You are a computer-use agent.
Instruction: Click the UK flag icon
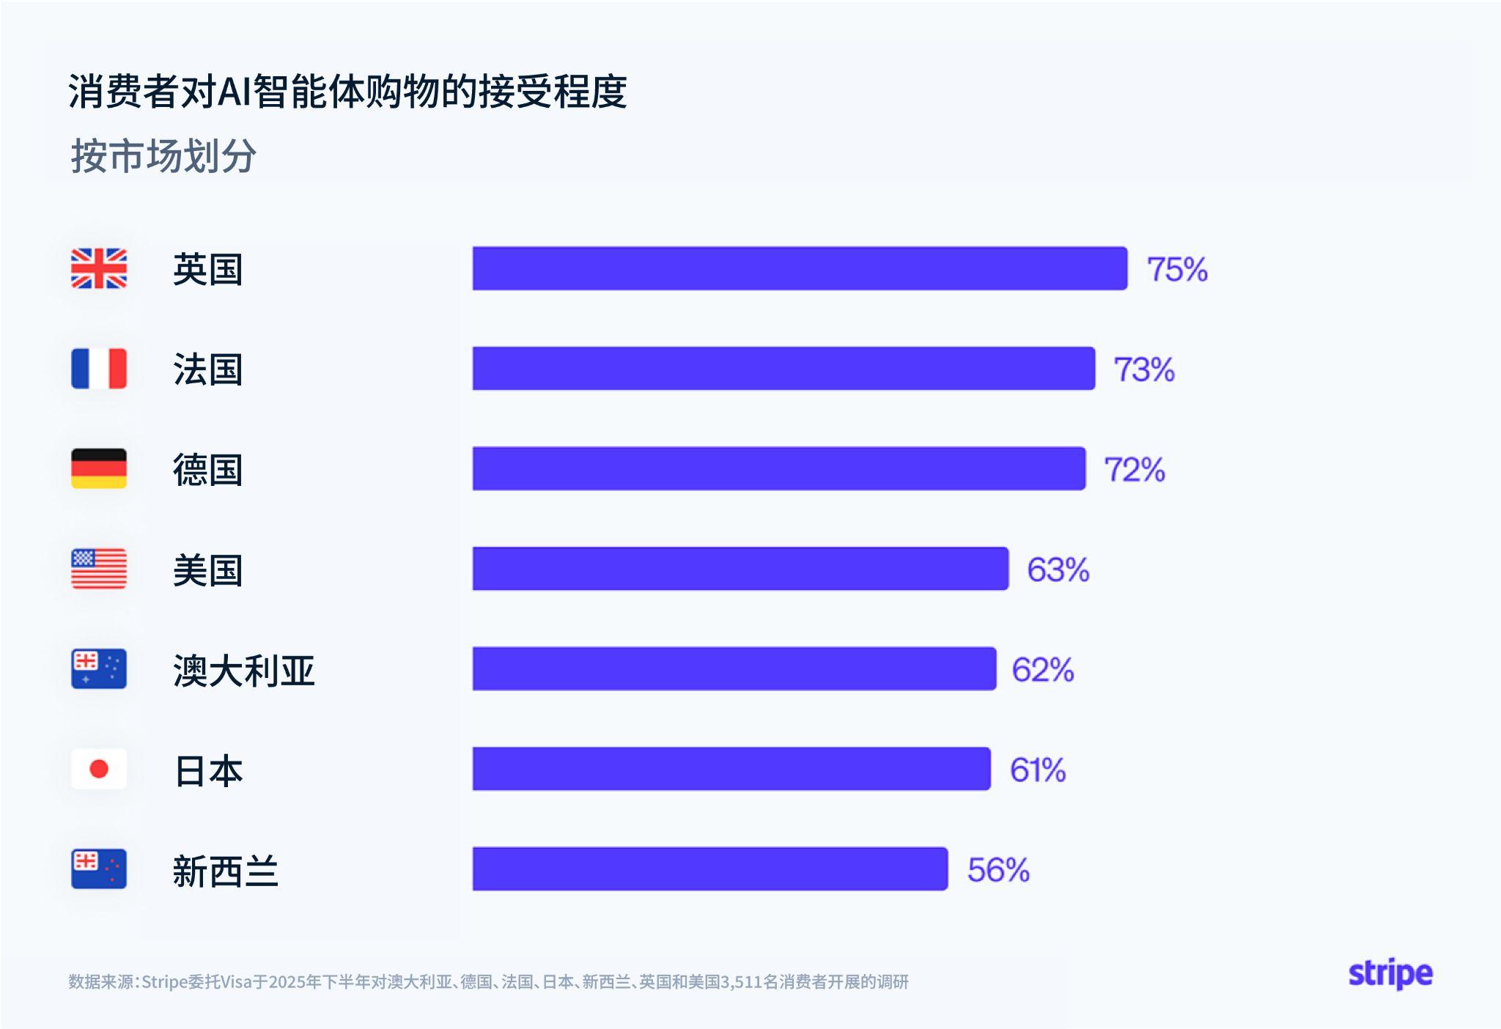(99, 268)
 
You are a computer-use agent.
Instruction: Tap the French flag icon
(99, 368)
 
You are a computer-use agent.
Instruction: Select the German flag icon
(99, 468)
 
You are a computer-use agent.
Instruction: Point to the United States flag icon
(99, 569)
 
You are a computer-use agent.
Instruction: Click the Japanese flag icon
(99, 769)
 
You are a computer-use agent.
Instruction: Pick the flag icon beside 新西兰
(99, 868)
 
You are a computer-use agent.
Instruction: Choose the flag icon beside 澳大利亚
(99, 668)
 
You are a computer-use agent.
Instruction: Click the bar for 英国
(800, 268)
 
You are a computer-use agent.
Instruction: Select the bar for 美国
(740, 569)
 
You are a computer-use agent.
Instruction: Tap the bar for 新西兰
(710, 868)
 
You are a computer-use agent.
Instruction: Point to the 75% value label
(1177, 269)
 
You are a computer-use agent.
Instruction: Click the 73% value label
(1144, 369)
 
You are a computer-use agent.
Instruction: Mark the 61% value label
(1038, 770)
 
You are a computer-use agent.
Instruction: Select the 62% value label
(1043, 670)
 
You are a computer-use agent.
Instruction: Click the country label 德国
(207, 470)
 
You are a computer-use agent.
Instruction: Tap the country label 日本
(208, 771)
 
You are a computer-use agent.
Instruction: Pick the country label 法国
(207, 369)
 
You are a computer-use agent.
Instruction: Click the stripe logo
(1390, 974)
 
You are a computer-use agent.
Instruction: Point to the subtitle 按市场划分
(163, 156)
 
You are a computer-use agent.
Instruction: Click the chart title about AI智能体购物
(347, 92)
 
